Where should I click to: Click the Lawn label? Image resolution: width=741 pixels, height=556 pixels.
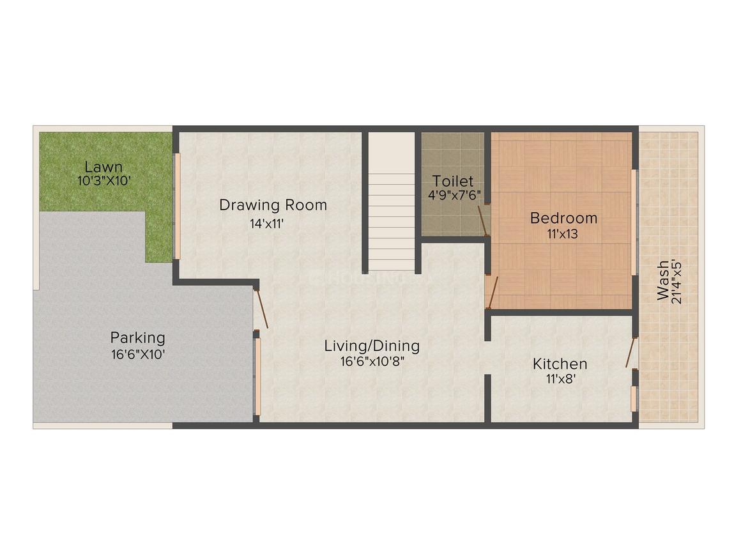point(104,167)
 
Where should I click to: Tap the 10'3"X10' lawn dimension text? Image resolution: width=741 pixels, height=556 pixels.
point(104,181)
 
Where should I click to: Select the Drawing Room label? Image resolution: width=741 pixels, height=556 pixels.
point(273,205)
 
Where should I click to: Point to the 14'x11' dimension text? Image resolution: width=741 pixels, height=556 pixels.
point(273,224)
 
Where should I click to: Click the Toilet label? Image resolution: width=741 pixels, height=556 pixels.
point(452,181)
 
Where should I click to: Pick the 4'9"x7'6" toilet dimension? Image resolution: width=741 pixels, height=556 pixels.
point(454,194)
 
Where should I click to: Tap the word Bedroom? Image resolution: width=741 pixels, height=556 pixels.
point(564,218)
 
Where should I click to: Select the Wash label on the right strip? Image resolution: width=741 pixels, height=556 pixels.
point(664,280)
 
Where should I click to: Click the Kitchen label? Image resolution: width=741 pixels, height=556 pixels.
point(560,364)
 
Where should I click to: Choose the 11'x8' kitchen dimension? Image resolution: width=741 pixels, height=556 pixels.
point(560,379)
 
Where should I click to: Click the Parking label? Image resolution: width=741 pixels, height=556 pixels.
point(138,337)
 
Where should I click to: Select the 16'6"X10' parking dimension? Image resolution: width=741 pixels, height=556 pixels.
point(138,353)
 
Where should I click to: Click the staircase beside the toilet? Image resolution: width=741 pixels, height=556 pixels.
point(392,205)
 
